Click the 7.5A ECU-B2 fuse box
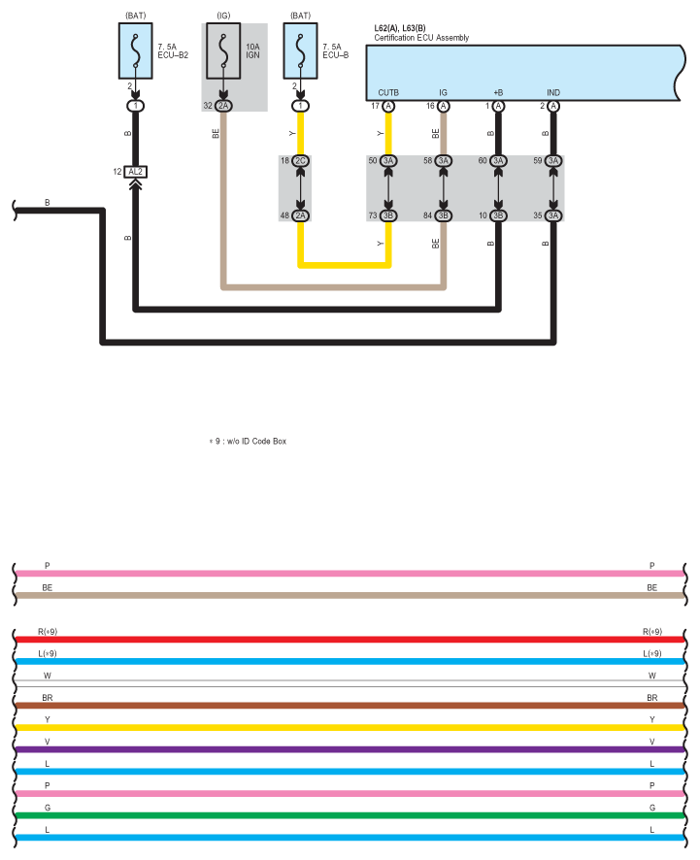click(136, 51)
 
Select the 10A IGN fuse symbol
click(223, 51)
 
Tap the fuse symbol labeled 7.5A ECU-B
click(300, 51)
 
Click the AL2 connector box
click(136, 172)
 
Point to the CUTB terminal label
click(388, 92)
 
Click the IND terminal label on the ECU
click(553, 92)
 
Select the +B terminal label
click(498, 92)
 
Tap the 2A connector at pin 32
click(223, 105)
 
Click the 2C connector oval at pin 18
click(300, 161)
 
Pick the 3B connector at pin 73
click(388, 215)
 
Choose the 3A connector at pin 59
click(553, 161)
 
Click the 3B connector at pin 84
click(444, 215)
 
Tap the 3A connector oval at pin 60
click(498, 161)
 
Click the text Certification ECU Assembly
click(421, 38)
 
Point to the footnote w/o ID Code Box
click(256, 441)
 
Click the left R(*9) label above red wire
click(48, 632)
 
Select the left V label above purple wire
click(48, 742)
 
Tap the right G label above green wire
click(652, 808)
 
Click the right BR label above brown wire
click(652, 698)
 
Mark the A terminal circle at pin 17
click(388, 106)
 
